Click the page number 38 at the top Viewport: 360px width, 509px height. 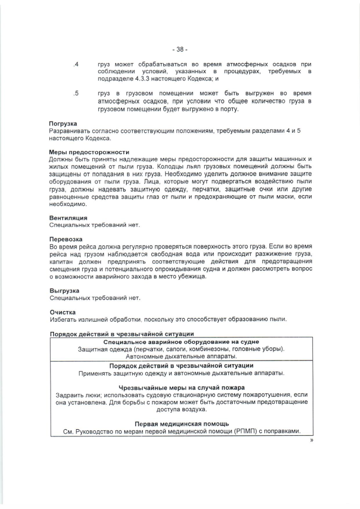point(180,49)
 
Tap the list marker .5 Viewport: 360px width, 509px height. point(76,93)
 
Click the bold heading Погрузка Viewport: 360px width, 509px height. point(64,123)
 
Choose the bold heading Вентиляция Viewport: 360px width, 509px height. point(68,218)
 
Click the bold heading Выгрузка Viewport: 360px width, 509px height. point(65,290)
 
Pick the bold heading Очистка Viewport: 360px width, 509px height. point(62,312)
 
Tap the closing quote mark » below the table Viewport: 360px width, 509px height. point(310,441)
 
